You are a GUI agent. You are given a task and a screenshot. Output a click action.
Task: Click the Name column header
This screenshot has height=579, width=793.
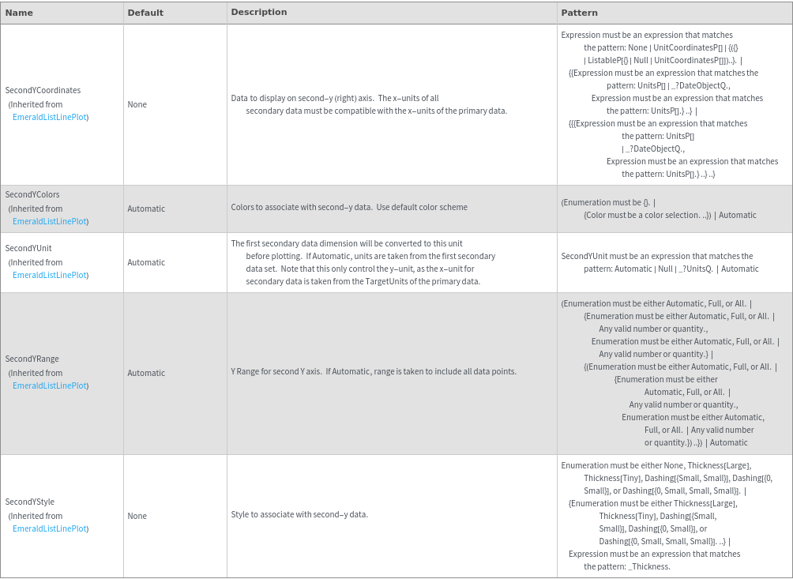tap(19, 13)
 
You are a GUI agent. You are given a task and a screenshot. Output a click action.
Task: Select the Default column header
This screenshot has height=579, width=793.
tap(145, 13)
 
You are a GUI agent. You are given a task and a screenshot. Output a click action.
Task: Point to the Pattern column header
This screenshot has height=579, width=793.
tap(579, 13)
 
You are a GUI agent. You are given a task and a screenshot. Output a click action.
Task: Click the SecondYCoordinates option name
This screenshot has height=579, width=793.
tap(43, 90)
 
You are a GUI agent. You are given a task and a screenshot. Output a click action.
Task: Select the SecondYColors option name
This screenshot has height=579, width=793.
tap(32, 194)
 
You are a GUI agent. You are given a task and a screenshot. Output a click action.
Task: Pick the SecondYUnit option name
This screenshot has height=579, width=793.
tap(28, 248)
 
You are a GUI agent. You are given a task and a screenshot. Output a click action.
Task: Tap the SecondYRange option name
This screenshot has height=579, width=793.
tap(32, 359)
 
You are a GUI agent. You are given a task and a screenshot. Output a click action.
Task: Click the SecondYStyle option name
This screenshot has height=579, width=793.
tap(30, 502)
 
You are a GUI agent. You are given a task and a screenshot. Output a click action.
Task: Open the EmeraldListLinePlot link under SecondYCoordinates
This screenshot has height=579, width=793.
tap(50, 117)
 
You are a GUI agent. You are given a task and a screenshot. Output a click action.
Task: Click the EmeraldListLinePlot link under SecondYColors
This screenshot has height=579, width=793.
tap(50, 221)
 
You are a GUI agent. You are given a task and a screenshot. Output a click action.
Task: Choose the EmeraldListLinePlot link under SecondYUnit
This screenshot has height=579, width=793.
tap(50, 275)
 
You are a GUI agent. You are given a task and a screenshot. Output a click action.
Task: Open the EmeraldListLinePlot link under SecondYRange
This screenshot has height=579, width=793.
tap(50, 385)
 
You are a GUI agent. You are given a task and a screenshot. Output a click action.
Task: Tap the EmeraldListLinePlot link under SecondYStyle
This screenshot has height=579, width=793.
tap(50, 528)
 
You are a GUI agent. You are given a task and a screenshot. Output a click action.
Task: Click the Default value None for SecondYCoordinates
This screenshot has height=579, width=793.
tap(137, 104)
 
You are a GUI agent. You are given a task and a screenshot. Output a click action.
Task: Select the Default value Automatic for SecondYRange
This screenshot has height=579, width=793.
tap(146, 373)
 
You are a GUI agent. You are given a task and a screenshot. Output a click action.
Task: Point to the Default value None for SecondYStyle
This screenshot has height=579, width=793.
tap(137, 516)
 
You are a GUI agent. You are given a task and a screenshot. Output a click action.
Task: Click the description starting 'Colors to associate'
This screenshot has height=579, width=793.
tap(349, 207)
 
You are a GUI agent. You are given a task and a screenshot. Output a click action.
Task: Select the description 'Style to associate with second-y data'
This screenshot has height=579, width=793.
tap(299, 514)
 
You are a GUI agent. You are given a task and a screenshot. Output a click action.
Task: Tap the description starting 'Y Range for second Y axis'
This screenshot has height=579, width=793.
tap(374, 371)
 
